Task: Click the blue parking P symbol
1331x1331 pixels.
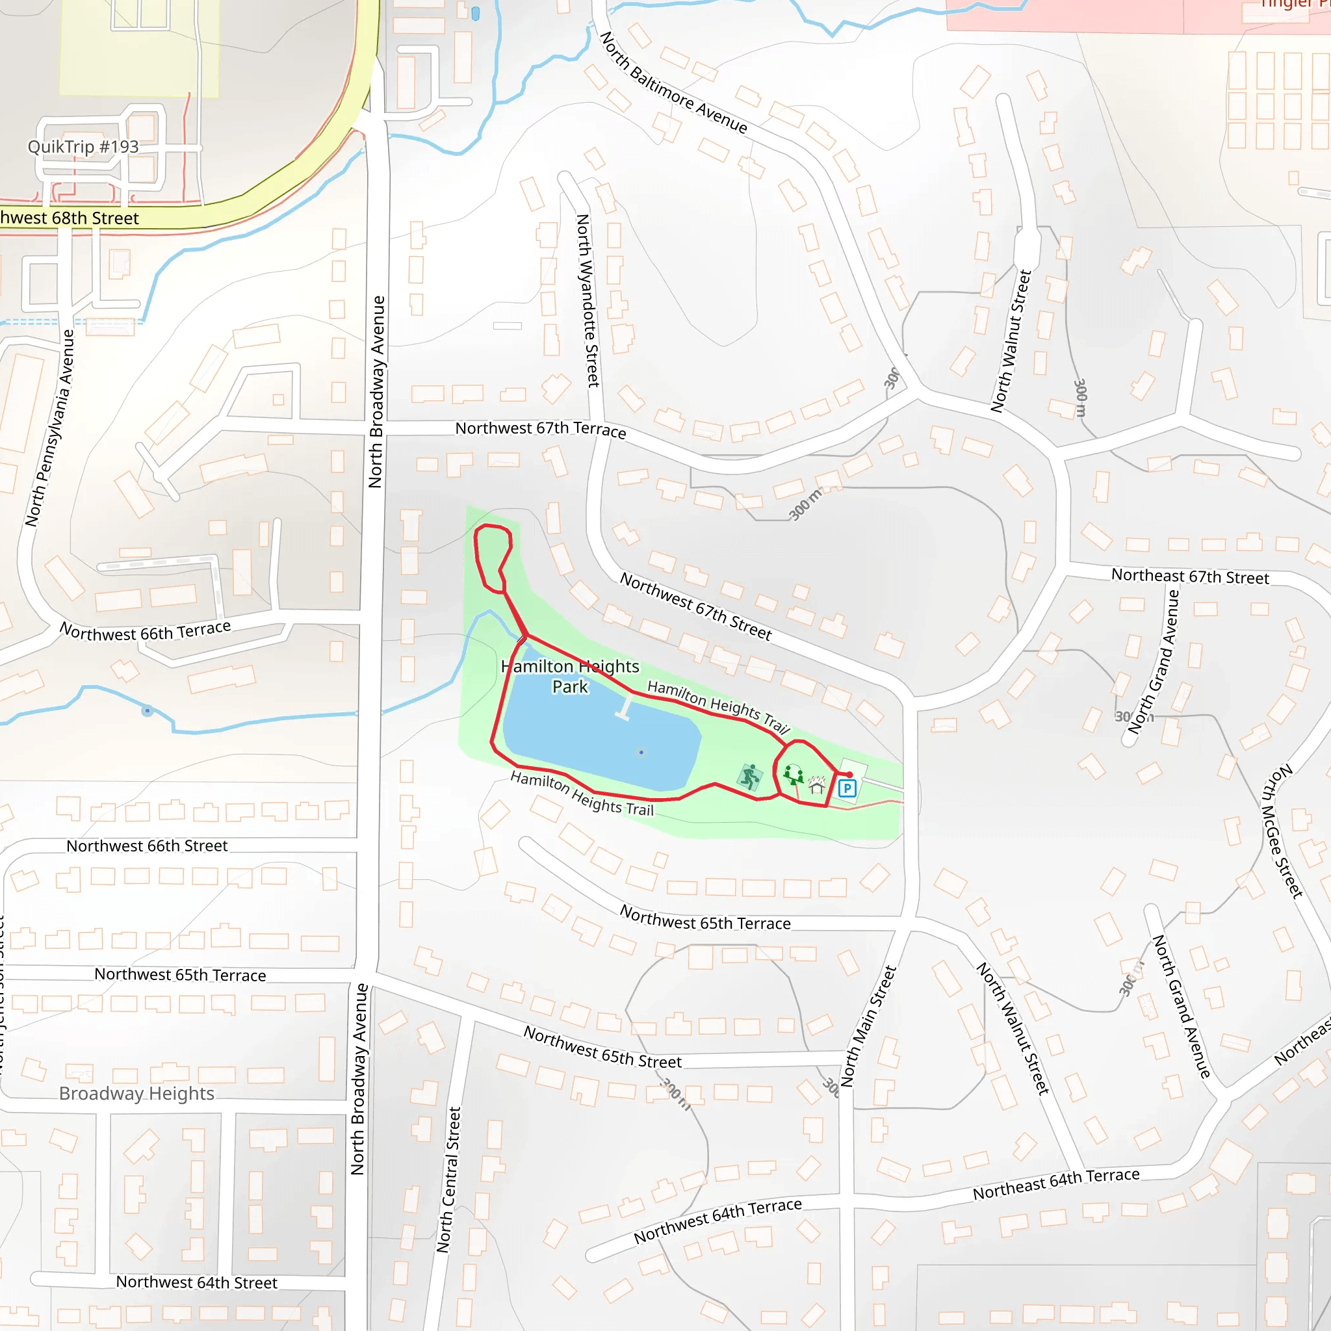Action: point(847,789)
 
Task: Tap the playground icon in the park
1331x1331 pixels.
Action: point(794,774)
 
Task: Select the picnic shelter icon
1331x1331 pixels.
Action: point(817,785)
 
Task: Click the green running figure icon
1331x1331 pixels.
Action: point(749,777)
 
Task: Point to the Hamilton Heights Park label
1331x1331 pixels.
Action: point(570,677)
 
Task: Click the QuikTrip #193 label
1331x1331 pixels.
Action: point(83,147)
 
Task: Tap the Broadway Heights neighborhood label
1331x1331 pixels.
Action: point(136,1093)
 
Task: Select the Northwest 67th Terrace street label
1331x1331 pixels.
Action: point(540,429)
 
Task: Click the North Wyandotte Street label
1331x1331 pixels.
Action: point(588,300)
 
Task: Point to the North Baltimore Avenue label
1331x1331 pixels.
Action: point(673,82)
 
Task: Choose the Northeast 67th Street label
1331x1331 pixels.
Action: point(1190,576)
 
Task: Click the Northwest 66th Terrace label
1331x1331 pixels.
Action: point(145,631)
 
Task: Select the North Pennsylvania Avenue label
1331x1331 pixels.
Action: point(49,428)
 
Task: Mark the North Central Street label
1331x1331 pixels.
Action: point(448,1180)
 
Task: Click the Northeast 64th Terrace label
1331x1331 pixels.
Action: point(1056,1183)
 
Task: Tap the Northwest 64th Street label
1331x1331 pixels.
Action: point(196,1282)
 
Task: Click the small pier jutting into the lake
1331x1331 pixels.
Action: point(625,709)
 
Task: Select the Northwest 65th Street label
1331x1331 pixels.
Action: point(602,1046)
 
